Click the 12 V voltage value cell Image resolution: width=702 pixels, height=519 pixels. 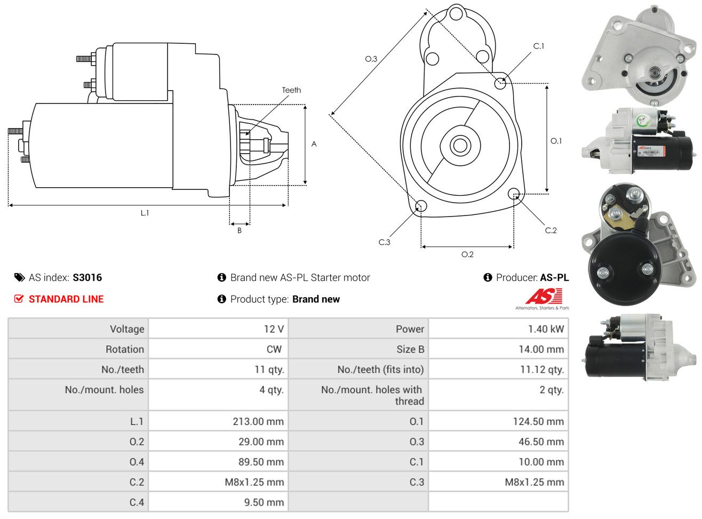[274, 329]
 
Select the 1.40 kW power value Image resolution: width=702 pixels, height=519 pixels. [546, 329]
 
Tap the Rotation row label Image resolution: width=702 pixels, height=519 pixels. [125, 349]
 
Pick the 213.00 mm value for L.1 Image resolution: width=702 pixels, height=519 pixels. [258, 421]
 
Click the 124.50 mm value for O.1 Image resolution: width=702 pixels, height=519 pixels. [538, 421]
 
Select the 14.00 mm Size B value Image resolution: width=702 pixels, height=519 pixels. [541, 349]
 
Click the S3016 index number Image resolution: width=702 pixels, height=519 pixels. [87, 277]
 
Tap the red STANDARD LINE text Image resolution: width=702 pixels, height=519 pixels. [66, 299]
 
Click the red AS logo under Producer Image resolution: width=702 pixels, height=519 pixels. [544, 297]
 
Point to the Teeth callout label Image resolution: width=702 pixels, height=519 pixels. [291, 90]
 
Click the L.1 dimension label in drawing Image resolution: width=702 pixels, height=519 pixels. [145, 213]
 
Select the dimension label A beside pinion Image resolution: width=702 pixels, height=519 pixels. [314, 144]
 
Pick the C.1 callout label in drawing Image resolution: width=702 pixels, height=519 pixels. [539, 46]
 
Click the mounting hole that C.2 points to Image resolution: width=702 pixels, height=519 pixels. [514, 193]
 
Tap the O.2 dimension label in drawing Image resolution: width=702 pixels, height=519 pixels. [467, 254]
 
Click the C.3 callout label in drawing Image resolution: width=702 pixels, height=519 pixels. [384, 242]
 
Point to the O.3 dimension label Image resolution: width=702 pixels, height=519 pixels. [371, 59]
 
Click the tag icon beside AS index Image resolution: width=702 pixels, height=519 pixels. [19, 277]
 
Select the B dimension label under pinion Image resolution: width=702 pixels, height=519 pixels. [240, 230]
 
